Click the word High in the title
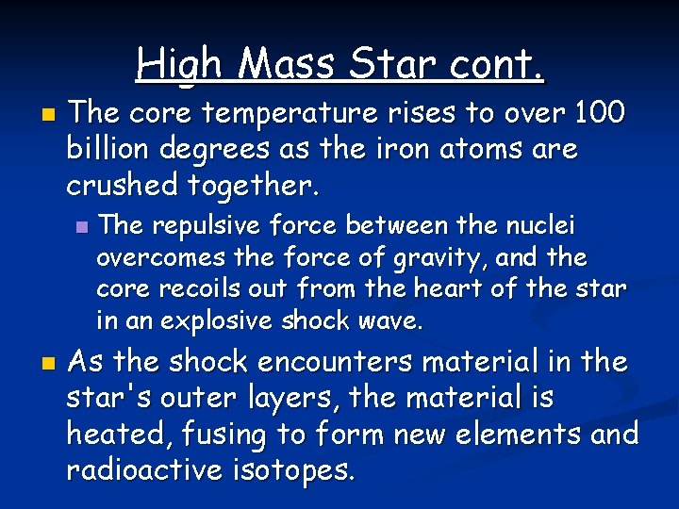point(179,64)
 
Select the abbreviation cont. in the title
point(498,64)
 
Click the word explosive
point(218,320)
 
